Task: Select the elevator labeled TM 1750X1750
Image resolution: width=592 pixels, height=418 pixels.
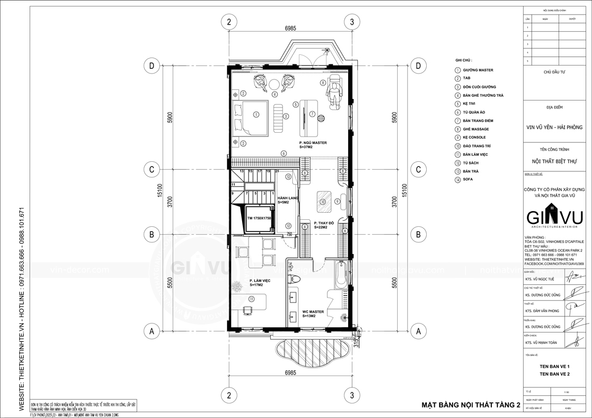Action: pyautogui.click(x=259, y=219)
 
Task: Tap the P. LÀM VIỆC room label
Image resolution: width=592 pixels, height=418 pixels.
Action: pyautogui.click(x=259, y=284)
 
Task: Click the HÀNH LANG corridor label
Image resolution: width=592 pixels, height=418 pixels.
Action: pyautogui.click(x=287, y=200)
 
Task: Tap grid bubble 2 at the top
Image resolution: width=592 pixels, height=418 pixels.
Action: pyautogui.click(x=229, y=22)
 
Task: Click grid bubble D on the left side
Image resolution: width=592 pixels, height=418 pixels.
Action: pyautogui.click(x=152, y=66)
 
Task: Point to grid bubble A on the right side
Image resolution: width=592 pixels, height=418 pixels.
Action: pyautogui.click(x=418, y=331)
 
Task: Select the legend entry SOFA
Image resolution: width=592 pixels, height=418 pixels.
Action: pyautogui.click(x=467, y=179)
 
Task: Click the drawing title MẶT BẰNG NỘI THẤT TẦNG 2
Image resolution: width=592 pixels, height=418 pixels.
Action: pyautogui.click(x=470, y=405)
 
